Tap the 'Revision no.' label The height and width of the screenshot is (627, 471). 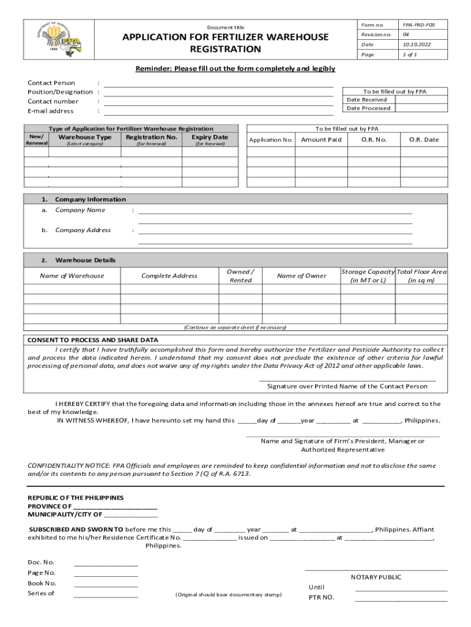click(376, 34)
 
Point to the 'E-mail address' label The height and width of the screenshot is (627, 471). click(51, 111)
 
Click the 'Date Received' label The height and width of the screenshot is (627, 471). click(366, 99)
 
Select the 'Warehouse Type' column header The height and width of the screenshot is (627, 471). click(84, 137)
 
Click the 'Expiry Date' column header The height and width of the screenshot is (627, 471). click(210, 137)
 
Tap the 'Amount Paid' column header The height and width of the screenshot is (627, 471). click(321, 140)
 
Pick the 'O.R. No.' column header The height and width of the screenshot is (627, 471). click(374, 140)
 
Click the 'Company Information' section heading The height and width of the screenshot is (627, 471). click(90, 199)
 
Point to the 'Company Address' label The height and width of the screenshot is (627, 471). click(83, 230)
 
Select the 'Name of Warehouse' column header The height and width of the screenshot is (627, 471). click(72, 276)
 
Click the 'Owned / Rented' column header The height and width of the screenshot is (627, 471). click(240, 276)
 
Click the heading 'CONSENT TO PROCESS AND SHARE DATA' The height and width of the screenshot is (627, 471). click(92, 340)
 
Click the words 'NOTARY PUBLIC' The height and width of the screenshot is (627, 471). click(376, 577)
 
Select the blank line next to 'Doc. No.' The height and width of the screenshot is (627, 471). click(106, 565)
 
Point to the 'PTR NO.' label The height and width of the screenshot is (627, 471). click(321, 597)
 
